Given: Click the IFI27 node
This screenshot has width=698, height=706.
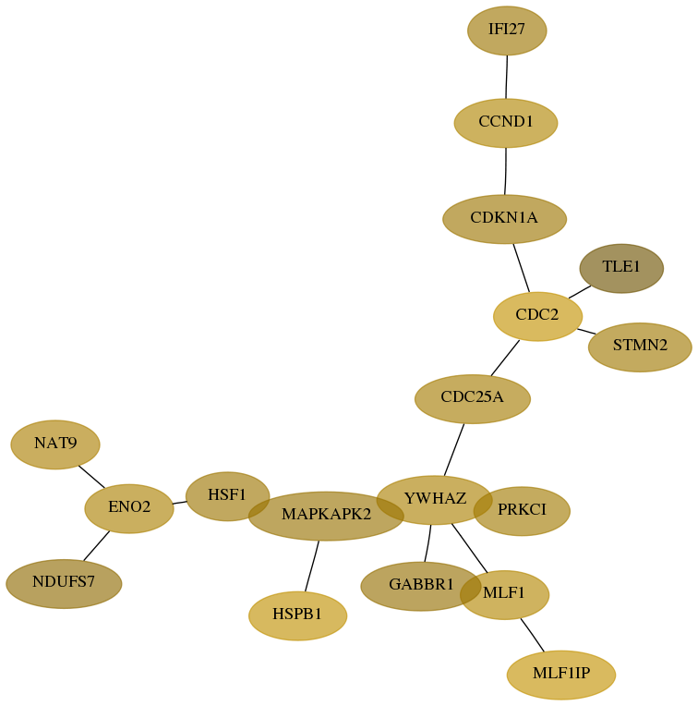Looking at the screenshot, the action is point(507,30).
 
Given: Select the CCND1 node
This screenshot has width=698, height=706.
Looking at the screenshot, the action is point(506,123).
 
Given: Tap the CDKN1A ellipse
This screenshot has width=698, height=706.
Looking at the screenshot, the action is point(505,219).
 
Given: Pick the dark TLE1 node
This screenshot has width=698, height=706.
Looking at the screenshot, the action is point(621,268).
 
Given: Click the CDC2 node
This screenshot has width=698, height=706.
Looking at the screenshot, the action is point(538,316).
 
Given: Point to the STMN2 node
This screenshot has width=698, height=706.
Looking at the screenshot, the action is point(640,347).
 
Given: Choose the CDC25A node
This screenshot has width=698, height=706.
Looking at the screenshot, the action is point(473,399).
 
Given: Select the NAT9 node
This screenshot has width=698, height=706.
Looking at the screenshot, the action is point(55,444).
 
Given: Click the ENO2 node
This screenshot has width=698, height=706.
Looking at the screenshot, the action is point(129,508).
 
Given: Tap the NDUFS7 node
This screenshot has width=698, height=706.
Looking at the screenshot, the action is point(64,583).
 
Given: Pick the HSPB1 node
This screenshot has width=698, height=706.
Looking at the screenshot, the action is point(297,615).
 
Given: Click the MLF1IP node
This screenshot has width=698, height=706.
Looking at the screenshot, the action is point(561,675).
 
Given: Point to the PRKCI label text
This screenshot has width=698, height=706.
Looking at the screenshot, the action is point(523,509).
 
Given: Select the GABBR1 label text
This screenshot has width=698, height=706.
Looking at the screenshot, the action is point(421,584).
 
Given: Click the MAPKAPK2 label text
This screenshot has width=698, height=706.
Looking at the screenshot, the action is point(327,514).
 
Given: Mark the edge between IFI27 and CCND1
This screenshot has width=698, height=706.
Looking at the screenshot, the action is point(506,77).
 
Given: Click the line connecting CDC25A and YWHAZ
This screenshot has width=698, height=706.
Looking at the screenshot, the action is point(453,449).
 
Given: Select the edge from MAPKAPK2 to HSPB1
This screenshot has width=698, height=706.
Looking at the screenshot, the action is point(312,566).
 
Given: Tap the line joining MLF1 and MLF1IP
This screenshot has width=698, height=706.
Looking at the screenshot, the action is point(533,635).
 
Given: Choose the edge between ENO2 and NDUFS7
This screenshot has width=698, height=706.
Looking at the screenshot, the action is point(97,546).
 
